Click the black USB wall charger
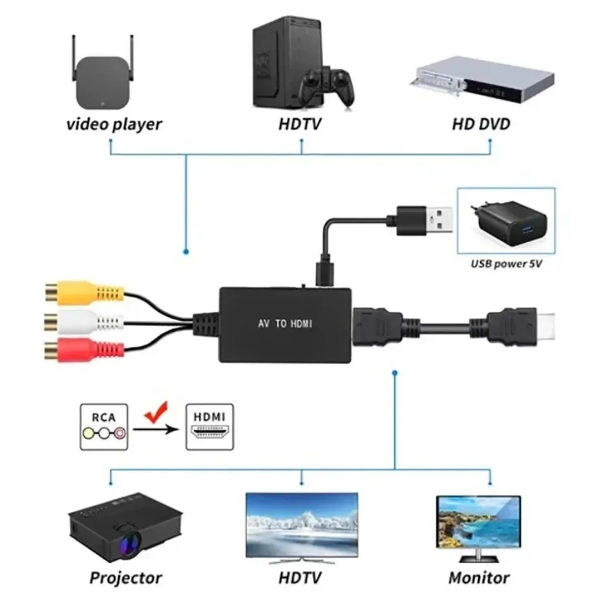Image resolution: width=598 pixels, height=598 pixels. click(x=506, y=223)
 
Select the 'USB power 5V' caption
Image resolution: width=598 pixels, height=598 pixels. click(x=506, y=264)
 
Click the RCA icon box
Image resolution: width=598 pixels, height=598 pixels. click(x=104, y=427)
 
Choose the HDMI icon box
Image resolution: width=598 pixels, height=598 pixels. click(x=210, y=427)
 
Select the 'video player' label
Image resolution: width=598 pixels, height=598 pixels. click(x=114, y=123)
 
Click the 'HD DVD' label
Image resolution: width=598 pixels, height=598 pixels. click(x=480, y=123)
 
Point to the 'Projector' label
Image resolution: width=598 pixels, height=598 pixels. click(x=125, y=577)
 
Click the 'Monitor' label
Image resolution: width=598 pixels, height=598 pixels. click(x=479, y=577)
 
